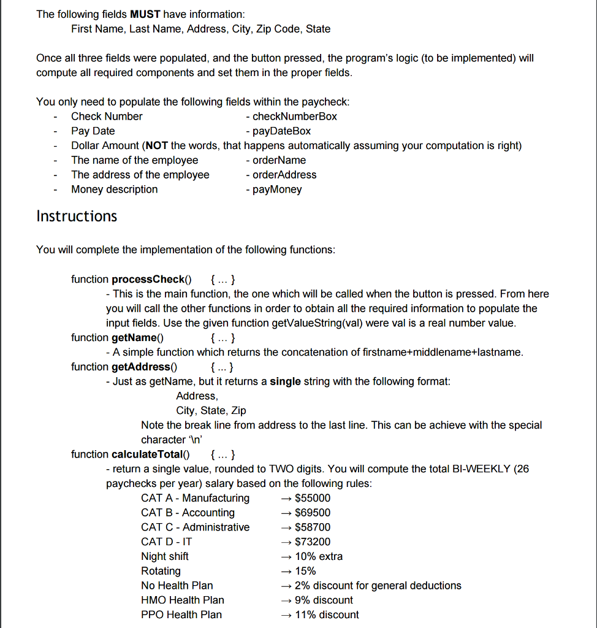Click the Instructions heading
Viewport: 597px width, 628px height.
(x=77, y=216)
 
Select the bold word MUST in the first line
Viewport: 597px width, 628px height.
(x=145, y=14)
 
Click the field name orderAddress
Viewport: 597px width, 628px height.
(x=284, y=175)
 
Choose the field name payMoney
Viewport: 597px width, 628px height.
(x=277, y=190)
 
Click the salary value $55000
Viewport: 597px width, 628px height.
(x=313, y=498)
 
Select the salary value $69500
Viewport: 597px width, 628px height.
(x=313, y=513)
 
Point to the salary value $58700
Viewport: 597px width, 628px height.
(x=313, y=527)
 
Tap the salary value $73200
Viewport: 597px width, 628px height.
(x=313, y=542)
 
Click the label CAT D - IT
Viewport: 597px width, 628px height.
(x=167, y=542)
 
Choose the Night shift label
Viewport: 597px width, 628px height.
(x=165, y=557)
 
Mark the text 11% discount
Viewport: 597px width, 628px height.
(x=327, y=615)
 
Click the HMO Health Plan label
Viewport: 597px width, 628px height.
(x=183, y=600)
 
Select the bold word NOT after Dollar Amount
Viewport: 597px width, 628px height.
(x=157, y=146)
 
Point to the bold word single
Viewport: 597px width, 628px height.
(x=286, y=381)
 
